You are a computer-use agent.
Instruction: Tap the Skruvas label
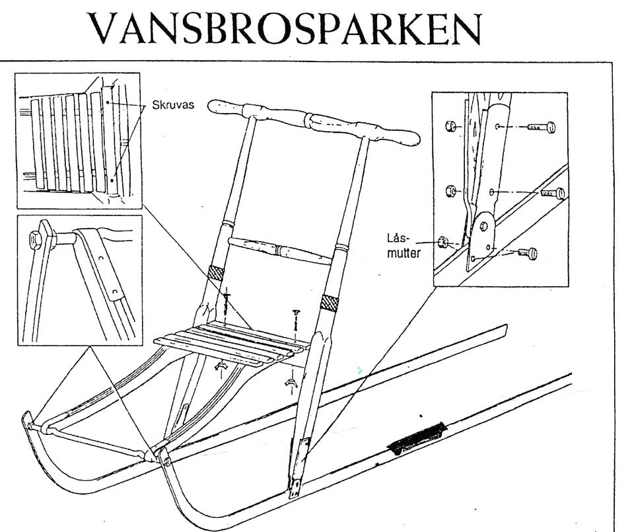173,105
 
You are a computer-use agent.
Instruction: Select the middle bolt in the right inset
551,194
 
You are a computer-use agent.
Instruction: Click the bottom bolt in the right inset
526,252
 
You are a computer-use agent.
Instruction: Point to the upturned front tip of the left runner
28,419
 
